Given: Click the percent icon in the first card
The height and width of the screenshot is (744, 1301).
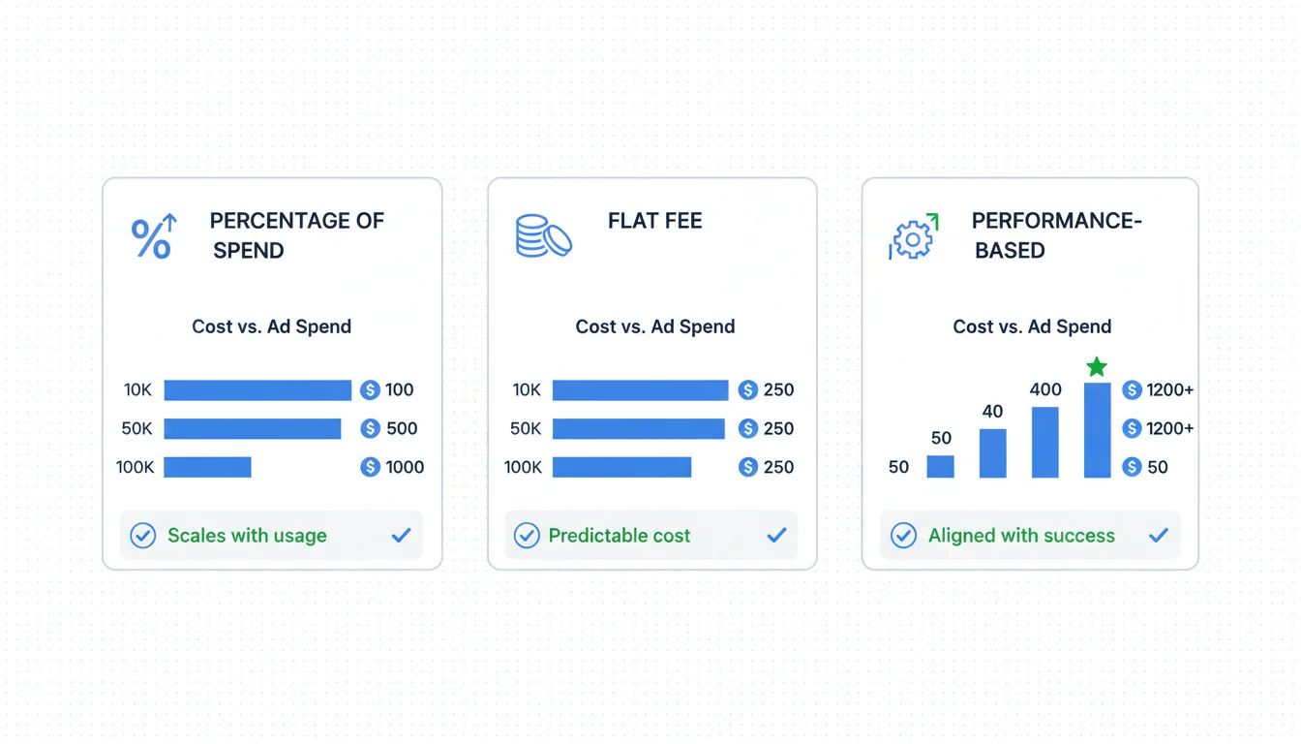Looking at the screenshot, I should point(153,237).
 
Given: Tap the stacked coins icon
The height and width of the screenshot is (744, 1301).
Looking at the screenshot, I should point(543,235).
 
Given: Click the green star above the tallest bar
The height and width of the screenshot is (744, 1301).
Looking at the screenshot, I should point(1096,367).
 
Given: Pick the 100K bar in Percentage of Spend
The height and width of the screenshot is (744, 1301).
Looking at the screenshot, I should point(207,467).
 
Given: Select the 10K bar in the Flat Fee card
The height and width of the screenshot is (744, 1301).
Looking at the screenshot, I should point(640,389).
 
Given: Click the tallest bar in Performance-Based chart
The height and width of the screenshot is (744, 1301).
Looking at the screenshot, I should point(1097,430).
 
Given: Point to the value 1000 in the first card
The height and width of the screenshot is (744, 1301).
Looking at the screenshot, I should point(405,467).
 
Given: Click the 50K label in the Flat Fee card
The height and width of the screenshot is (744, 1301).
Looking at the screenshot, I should point(526,428).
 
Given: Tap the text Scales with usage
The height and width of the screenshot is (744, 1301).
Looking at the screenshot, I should point(247,536).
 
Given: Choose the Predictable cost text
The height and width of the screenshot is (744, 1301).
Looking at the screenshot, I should point(620,536).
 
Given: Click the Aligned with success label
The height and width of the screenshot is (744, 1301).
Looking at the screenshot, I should point(1021,536).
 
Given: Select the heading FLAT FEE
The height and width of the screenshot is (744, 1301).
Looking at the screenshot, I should point(654,221).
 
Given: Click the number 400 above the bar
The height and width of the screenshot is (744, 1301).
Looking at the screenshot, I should point(1045,389).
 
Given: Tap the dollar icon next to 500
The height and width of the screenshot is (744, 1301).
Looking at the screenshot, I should point(370,428).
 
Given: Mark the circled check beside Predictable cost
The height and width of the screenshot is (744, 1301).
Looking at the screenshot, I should point(527,536).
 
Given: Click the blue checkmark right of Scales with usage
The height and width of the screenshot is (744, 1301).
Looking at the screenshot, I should point(401,536).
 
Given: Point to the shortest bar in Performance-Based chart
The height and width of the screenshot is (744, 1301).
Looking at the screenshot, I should point(940,467).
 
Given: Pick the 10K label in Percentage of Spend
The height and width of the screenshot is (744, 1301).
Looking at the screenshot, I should point(137,389).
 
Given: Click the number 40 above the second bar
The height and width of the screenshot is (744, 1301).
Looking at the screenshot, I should point(992,412).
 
